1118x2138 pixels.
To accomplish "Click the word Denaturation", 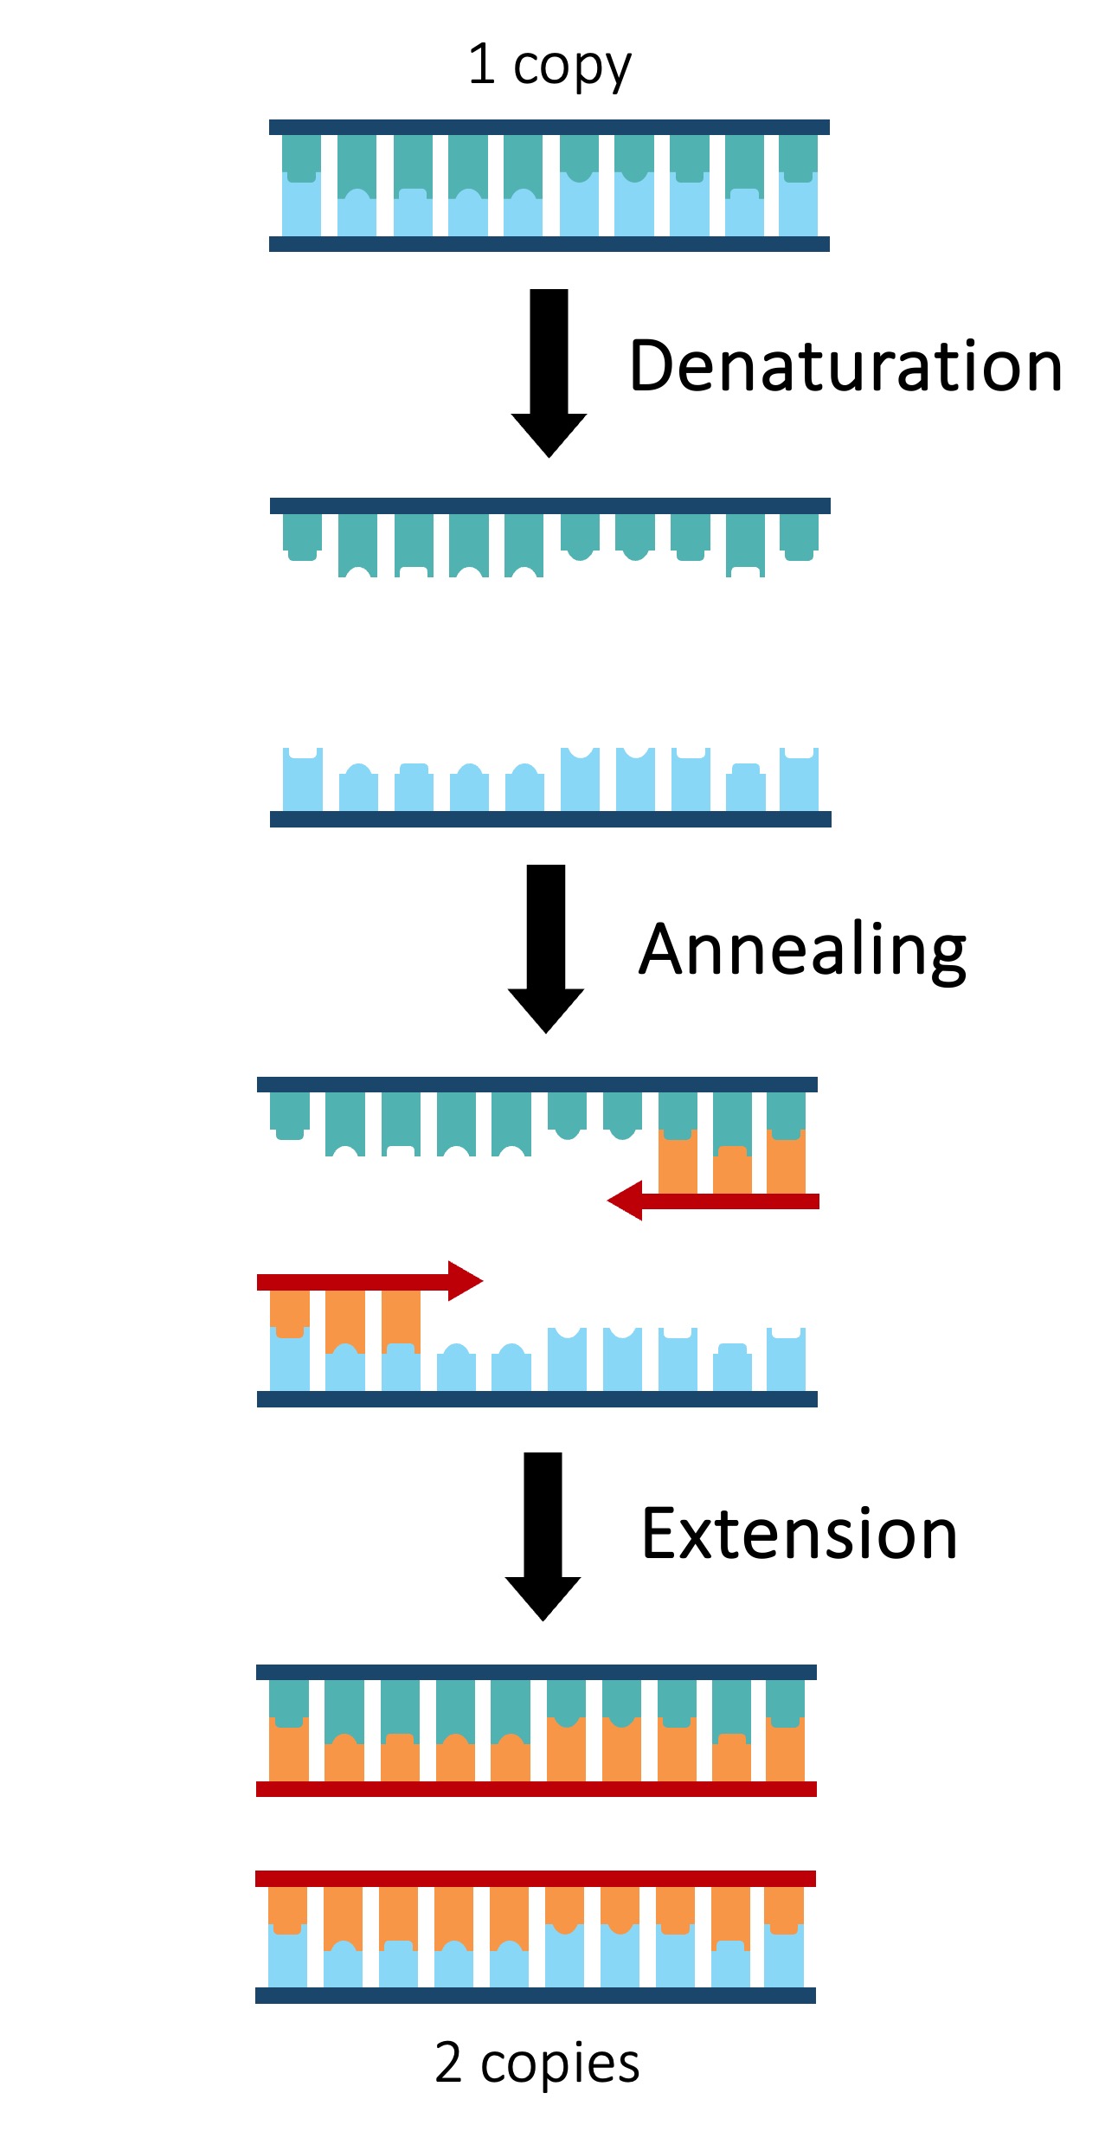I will pos(845,366).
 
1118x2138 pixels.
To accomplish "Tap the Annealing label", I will pos(801,950).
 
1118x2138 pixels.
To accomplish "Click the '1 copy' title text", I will pos(549,67).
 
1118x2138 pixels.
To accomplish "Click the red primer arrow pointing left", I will pos(713,1201).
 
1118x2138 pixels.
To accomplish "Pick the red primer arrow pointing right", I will pos(369,1281).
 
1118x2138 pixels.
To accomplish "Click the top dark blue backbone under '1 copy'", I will pos(549,127).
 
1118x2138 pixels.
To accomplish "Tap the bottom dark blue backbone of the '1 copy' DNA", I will pos(549,244).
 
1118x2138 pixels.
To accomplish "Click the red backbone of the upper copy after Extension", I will pos(536,1788).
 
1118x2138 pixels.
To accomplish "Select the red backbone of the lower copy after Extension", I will pos(535,1878).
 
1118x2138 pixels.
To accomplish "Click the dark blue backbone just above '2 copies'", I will pos(535,1995).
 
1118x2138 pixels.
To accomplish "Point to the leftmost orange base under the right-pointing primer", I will pos(289,1312).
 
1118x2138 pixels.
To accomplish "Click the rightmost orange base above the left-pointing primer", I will pos(786,1164).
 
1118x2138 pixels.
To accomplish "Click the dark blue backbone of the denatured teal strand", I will pos(549,506).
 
